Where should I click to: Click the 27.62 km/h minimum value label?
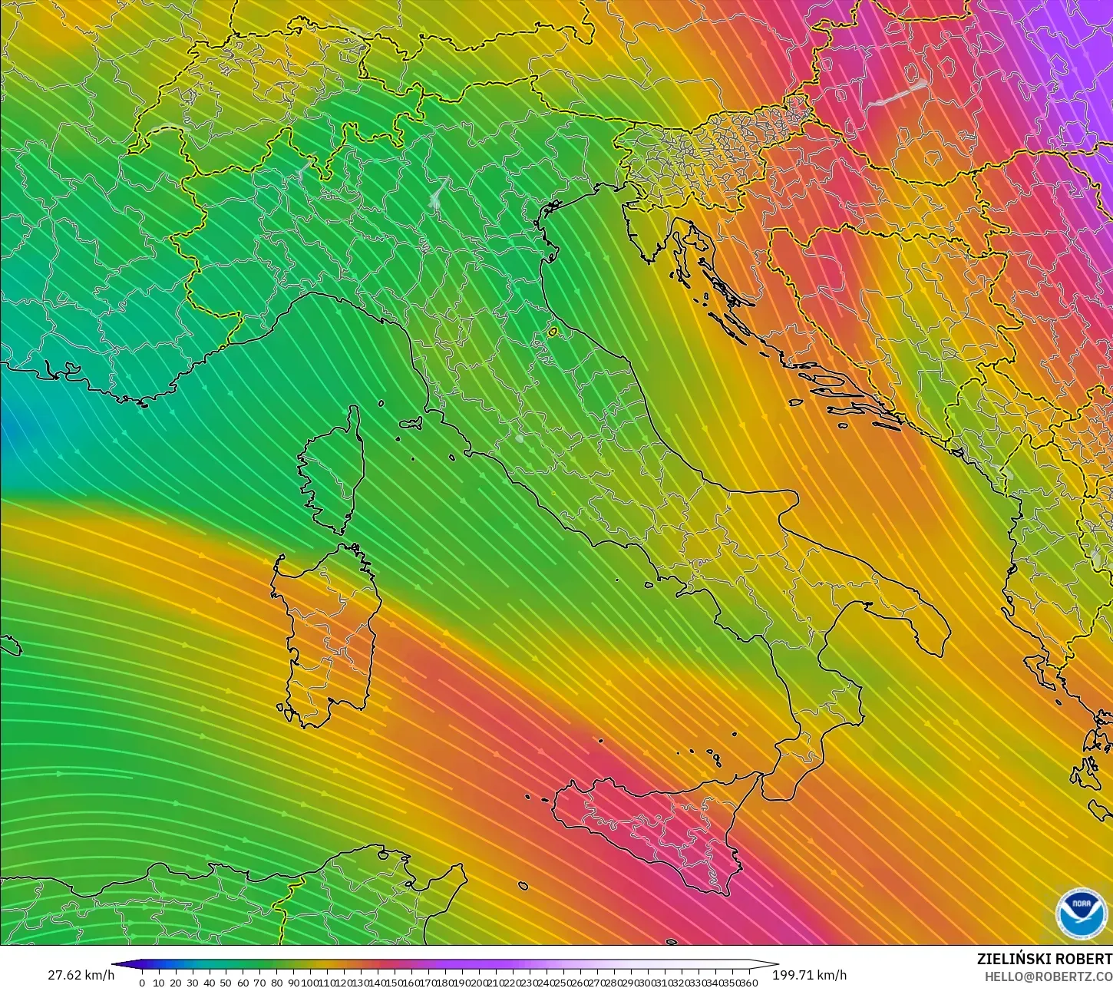point(81,975)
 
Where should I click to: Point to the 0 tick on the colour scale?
point(142,983)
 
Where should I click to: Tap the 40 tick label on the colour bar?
point(209,983)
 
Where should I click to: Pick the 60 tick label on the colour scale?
point(243,983)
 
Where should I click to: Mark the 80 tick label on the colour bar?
point(276,983)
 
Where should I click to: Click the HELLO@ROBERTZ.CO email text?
point(1049,976)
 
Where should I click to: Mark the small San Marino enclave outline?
point(553,332)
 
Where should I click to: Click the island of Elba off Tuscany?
point(411,422)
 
